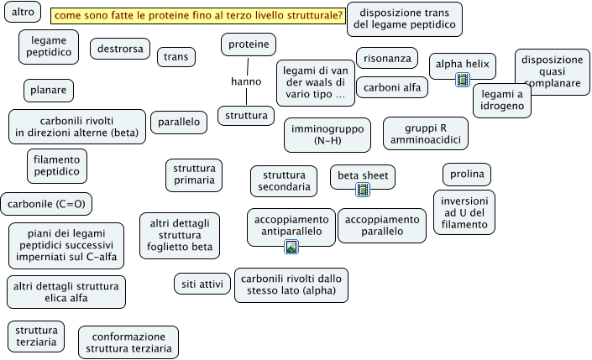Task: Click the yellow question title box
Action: coord(198,16)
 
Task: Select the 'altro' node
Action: coord(23,13)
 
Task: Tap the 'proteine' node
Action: coord(249,44)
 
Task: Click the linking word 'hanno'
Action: coord(246,81)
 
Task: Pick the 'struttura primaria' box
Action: coord(193,174)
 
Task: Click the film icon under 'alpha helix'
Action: coord(462,81)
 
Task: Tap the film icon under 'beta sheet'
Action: coord(363,190)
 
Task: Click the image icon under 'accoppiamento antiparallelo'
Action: coord(291,246)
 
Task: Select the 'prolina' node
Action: coord(467,174)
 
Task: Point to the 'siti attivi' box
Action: coord(202,284)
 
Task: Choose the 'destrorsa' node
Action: coord(119,50)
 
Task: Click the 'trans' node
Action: coord(176,56)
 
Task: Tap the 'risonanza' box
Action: coord(387,58)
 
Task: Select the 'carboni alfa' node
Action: coord(392,87)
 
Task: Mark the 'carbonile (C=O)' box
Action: coord(46,203)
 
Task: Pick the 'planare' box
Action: coord(49,90)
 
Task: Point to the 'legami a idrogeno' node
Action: coord(501,101)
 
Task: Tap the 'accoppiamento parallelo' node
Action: coord(382,226)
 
